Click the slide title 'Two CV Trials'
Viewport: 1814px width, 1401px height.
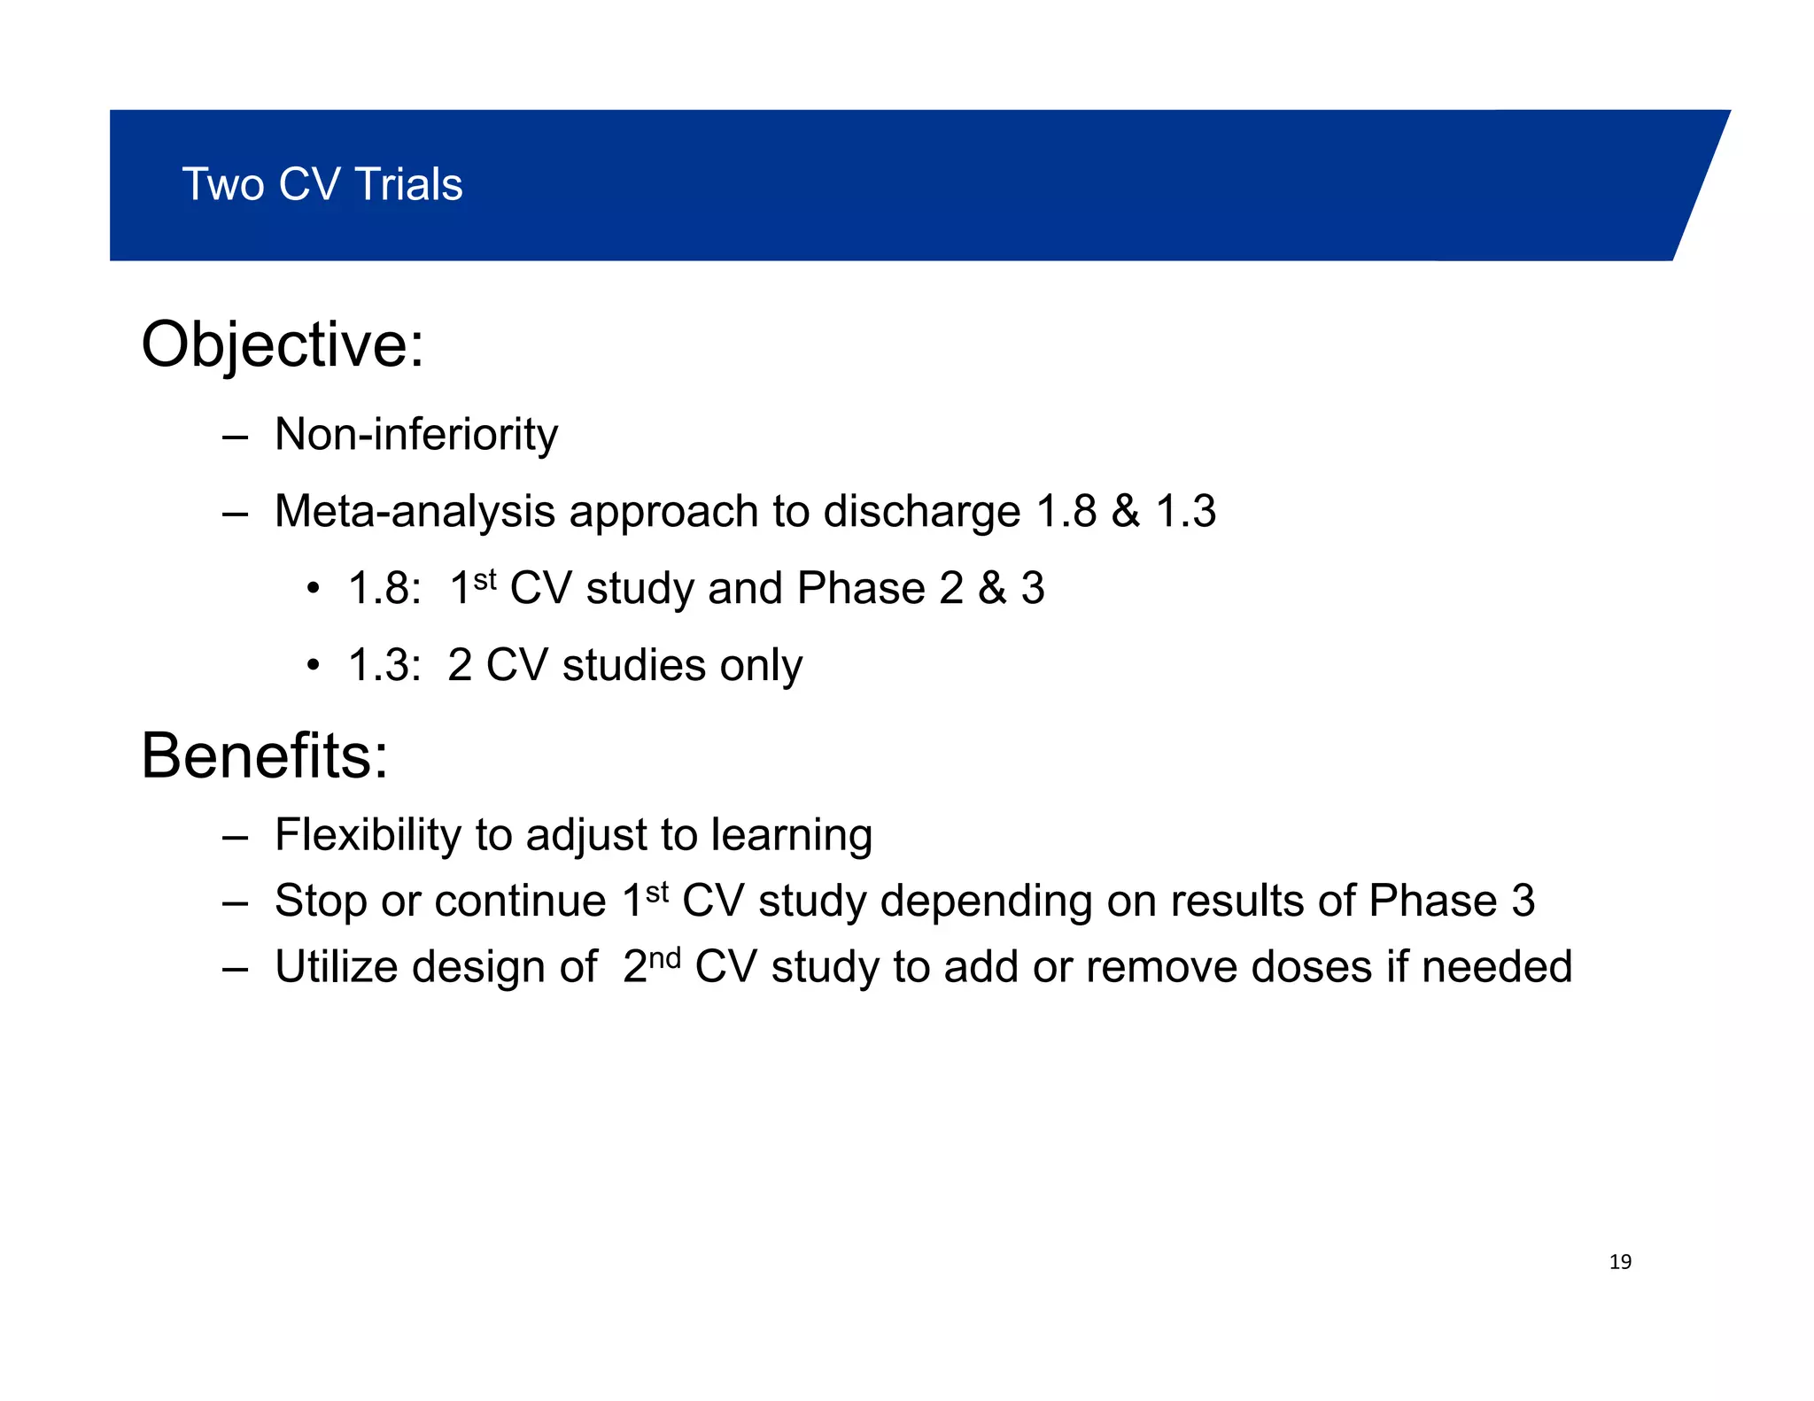(x=322, y=184)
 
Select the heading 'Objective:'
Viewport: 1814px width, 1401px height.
(x=283, y=344)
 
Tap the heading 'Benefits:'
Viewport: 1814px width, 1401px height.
(x=264, y=756)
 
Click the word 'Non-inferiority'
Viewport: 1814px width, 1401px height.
(x=416, y=435)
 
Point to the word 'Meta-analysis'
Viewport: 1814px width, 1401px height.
(x=415, y=512)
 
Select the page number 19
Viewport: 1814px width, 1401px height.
(x=1620, y=1262)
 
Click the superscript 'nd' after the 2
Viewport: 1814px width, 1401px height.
(x=665, y=957)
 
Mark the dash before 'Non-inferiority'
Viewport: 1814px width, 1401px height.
(x=235, y=437)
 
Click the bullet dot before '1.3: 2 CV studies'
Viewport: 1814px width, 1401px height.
(x=312, y=665)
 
